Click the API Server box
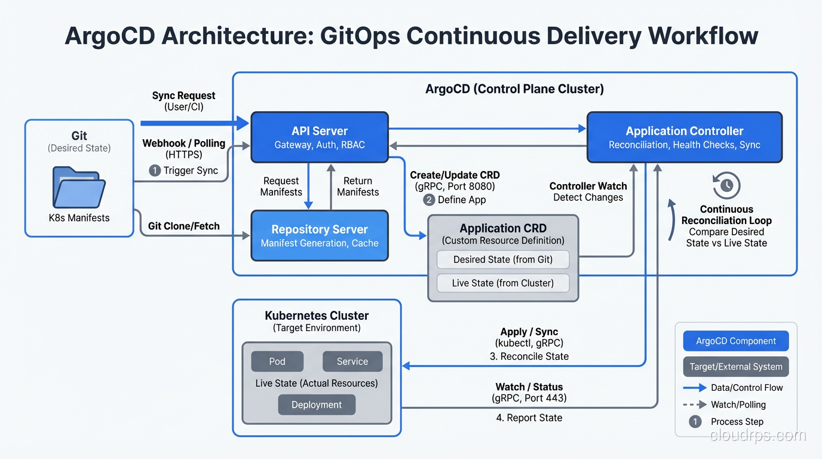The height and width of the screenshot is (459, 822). (319, 137)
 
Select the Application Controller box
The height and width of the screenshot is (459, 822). (684, 137)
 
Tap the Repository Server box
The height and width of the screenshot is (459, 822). (319, 235)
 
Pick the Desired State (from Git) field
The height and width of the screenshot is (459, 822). (502, 259)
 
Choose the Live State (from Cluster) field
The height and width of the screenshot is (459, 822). (502, 283)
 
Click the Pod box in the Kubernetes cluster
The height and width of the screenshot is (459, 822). (277, 361)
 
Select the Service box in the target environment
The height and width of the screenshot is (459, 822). (352, 361)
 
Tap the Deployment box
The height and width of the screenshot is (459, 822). (317, 405)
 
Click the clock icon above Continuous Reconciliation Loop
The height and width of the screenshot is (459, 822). (726, 185)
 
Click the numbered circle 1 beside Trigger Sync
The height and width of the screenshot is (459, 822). (154, 170)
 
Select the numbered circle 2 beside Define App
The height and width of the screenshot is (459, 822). (428, 200)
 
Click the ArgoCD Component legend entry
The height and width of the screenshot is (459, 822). (735, 341)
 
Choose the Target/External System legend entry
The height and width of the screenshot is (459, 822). (735, 366)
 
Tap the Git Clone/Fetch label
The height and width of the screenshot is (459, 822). (183, 226)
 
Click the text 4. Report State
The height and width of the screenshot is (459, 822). (529, 418)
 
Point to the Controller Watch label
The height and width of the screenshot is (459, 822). (588, 186)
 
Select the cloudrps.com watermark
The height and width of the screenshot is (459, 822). (757, 435)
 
